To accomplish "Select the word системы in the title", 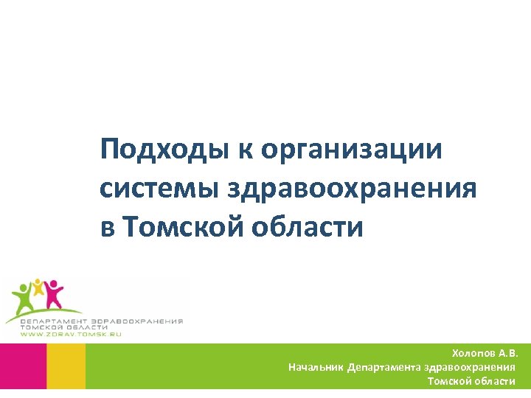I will pyautogui.click(x=161, y=189).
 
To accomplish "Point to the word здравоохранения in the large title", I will pyautogui.click(x=353, y=189).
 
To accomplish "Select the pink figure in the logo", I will pyautogui.click(x=54, y=293).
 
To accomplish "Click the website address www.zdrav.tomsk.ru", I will pyautogui.click(x=71, y=335).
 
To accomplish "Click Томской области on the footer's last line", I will pyautogui.click(x=471, y=381).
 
